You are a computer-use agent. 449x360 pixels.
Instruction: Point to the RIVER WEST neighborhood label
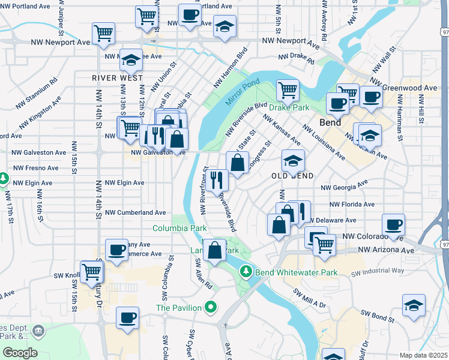(x=118, y=78)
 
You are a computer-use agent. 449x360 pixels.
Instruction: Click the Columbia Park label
(x=179, y=228)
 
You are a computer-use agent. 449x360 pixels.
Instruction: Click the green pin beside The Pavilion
(x=210, y=308)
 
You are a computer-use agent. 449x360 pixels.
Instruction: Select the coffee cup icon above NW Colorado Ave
(x=393, y=225)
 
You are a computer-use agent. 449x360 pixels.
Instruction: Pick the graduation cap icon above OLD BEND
(x=293, y=160)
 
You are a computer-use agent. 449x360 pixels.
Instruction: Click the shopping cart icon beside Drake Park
(x=288, y=90)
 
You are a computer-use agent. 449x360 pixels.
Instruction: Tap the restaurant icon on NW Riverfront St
(x=217, y=179)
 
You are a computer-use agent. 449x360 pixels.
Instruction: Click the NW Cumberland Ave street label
(x=135, y=212)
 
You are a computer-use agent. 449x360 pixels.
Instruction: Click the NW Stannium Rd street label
(x=37, y=88)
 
